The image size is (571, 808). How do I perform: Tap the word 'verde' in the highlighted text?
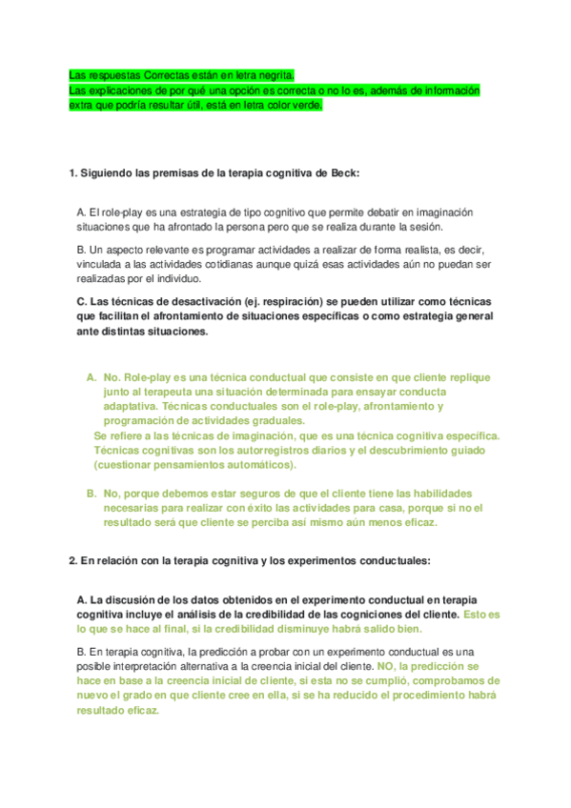[x=305, y=105]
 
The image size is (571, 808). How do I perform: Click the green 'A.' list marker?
[x=92, y=377]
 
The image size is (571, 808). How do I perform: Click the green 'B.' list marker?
[x=92, y=494]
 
